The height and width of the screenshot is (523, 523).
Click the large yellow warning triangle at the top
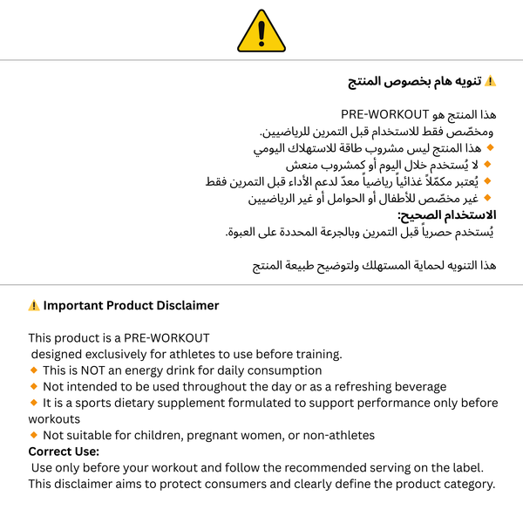coord(261,31)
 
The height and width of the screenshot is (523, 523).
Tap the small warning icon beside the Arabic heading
coord(490,81)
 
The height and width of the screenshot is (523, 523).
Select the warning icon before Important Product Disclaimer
coord(34,306)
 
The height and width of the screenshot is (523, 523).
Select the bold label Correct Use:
coord(64,452)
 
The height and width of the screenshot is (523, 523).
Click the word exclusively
coord(121,354)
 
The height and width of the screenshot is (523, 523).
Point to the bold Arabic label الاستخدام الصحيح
coord(446,214)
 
